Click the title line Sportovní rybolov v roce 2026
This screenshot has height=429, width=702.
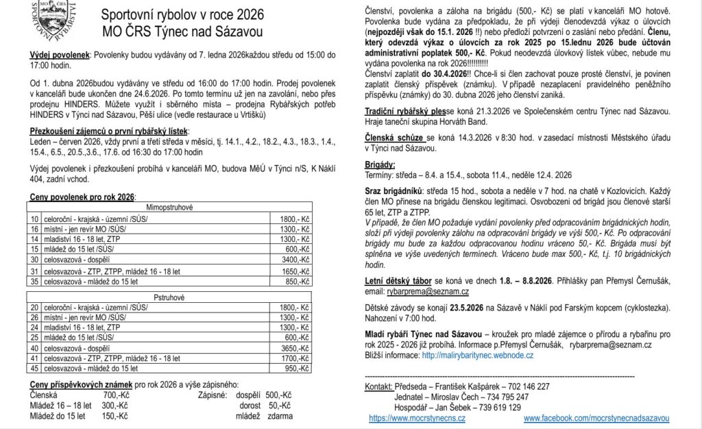coord(181,14)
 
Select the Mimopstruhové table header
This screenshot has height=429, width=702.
coord(170,206)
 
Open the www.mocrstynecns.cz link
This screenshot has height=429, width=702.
coord(417,417)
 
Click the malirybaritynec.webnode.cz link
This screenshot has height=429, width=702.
coord(478,356)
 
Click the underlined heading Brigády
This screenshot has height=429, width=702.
coord(380,165)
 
